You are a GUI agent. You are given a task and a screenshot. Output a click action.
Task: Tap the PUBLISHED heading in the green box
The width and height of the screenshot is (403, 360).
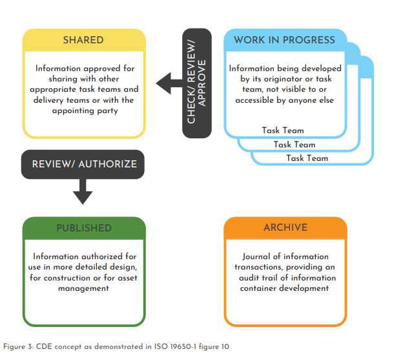[x=83, y=228]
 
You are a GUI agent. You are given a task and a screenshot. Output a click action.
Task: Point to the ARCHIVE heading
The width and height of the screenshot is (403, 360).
[x=285, y=228]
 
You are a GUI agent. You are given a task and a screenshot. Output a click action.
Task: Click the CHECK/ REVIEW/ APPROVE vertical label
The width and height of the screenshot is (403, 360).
[x=196, y=83]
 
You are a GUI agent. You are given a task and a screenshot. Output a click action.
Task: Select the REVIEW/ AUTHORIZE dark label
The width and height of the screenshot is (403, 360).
[x=84, y=164]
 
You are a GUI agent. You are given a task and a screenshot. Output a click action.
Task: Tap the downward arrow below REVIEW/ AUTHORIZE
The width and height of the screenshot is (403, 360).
[x=83, y=191]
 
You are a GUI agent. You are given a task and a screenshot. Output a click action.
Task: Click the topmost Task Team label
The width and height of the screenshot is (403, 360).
[x=283, y=131]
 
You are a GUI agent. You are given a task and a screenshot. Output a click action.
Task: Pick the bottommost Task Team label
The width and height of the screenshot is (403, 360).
[x=307, y=158]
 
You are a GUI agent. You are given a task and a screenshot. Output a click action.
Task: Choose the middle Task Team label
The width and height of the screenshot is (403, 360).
[x=294, y=144]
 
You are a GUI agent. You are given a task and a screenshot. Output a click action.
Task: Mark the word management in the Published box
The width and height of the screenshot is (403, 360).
[x=83, y=288]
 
